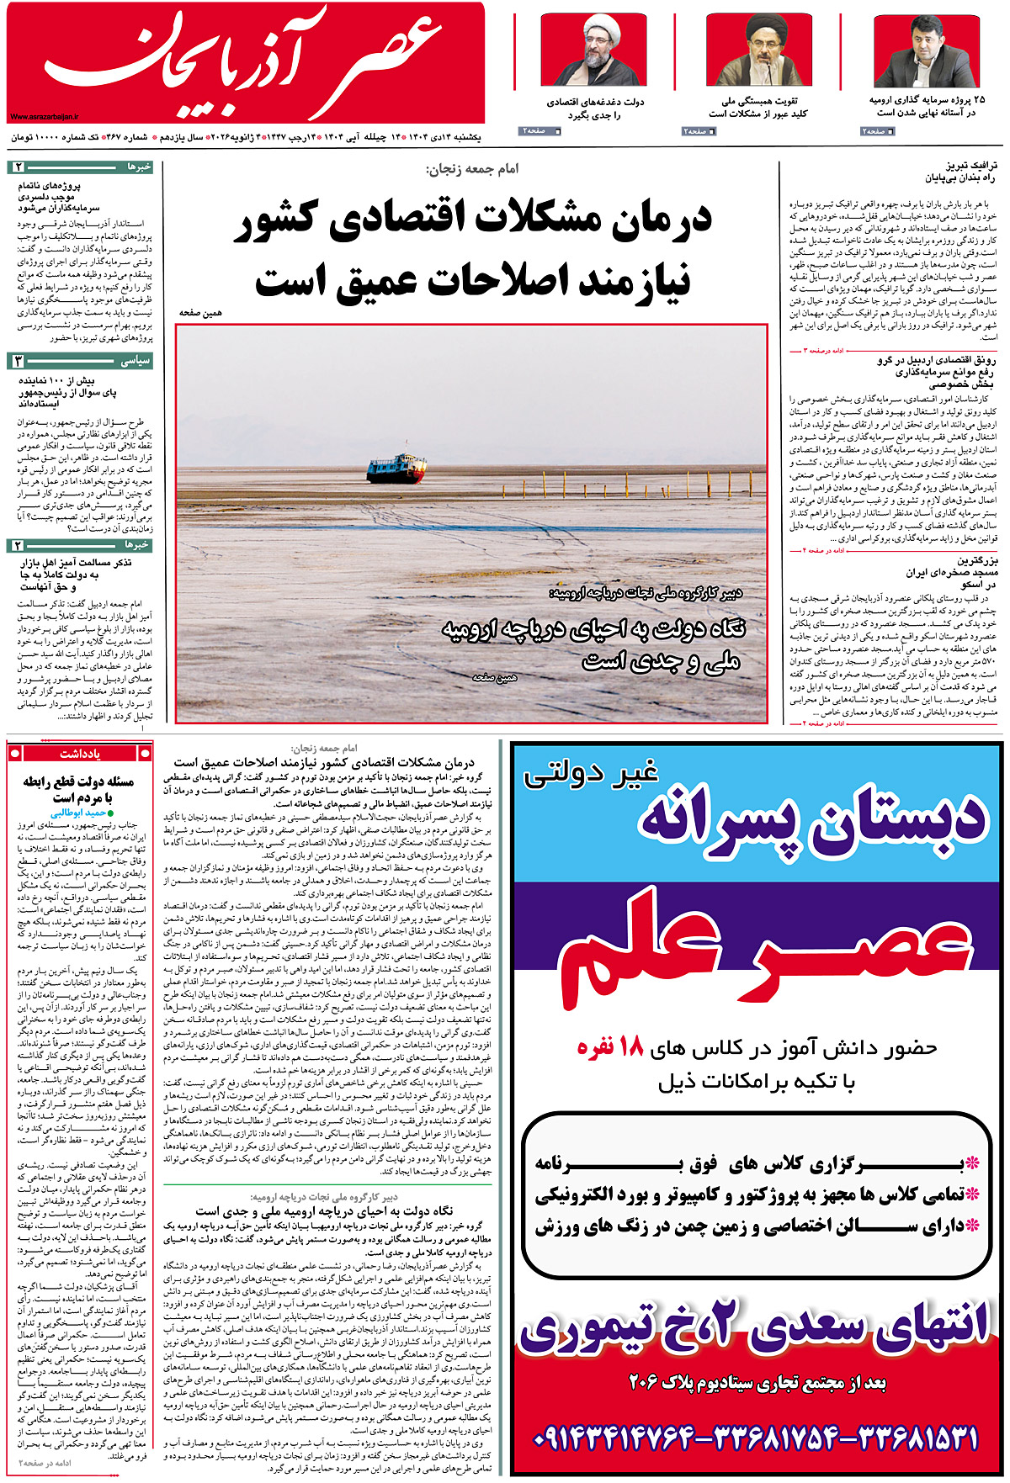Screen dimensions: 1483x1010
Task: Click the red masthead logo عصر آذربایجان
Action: pyautogui.click(x=244, y=63)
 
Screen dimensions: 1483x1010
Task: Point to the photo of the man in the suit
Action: pyautogui.click(x=926, y=50)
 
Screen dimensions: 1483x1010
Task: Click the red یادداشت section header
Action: pyautogui.click(x=81, y=754)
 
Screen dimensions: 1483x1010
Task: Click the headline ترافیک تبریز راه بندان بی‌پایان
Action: pyautogui.click(x=959, y=172)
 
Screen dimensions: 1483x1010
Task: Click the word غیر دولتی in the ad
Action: pyautogui.click(x=589, y=771)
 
